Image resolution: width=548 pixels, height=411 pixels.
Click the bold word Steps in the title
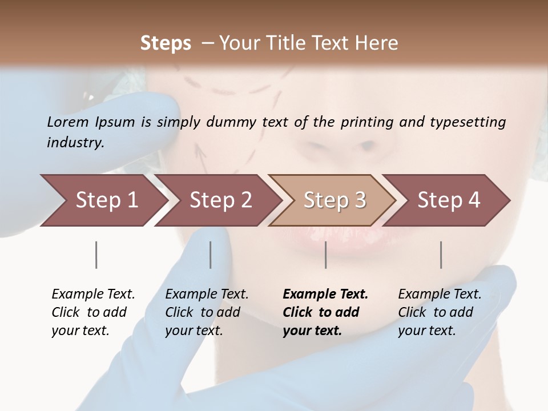166,43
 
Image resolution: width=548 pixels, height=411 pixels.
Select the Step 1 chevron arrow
103,200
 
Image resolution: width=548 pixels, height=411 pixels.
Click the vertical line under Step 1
96,255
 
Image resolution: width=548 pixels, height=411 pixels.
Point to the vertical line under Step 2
211,255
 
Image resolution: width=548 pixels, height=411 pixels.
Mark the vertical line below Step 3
326,255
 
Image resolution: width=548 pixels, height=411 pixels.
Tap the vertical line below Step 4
441,255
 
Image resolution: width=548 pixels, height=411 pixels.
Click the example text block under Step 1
93,312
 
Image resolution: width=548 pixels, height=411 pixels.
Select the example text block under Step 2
207,312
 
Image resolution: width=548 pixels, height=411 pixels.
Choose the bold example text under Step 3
325,312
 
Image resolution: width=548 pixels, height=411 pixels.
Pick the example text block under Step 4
440,312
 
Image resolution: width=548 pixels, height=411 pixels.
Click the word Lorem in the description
68,122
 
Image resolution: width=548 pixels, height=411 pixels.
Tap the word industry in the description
75,143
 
